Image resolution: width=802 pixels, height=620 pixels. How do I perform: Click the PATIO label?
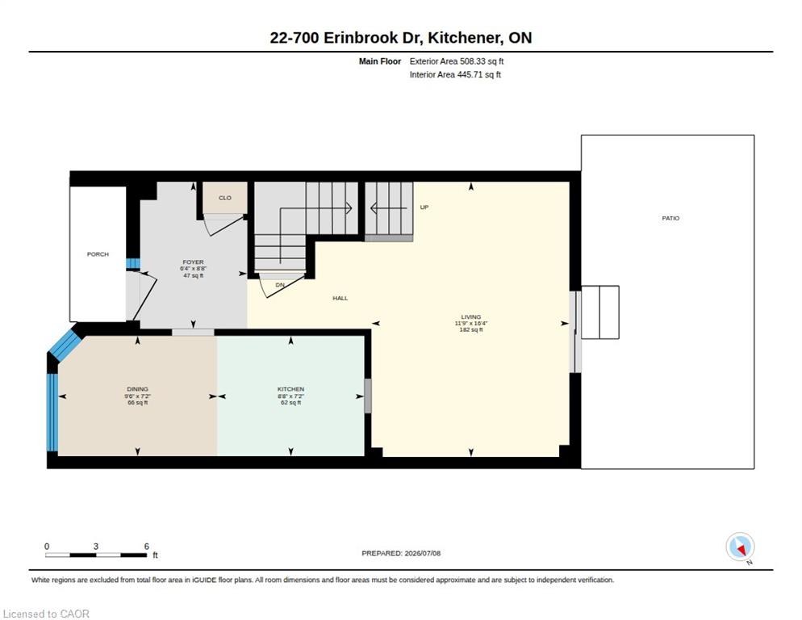[670, 218]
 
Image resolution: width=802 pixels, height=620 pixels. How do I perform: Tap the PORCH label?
[98, 254]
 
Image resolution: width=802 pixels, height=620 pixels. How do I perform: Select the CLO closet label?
[225, 198]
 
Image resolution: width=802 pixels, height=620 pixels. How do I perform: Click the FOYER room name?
[194, 262]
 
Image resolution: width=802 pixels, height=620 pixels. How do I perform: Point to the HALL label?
[340, 298]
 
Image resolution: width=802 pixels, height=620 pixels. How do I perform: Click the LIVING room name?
[471, 317]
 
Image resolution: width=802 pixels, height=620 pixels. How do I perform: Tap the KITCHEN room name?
[291, 389]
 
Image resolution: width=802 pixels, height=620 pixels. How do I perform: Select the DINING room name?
[138, 389]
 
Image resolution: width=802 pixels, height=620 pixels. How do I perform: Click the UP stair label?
[424, 207]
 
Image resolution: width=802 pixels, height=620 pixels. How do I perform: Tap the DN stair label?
[280, 285]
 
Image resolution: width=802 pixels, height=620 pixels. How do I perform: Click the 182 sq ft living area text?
[471, 329]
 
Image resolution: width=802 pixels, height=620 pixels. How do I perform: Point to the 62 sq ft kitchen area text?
[291, 402]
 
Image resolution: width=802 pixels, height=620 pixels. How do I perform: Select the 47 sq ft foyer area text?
[194, 275]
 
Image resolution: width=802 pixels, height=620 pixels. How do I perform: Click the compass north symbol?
[740, 547]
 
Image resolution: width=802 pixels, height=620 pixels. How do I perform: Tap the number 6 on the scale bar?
[146, 547]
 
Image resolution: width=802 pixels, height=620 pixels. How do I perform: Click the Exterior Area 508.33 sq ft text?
[456, 61]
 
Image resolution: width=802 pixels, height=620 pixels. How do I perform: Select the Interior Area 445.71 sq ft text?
[455, 75]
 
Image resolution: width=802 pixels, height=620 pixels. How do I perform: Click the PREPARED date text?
[401, 554]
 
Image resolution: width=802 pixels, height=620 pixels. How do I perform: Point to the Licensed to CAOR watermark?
[46, 614]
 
